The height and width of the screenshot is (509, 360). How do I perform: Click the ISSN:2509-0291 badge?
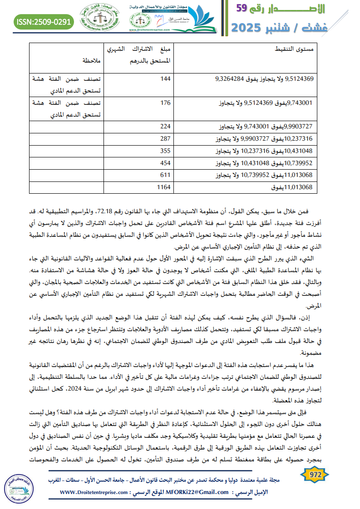[44, 21]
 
